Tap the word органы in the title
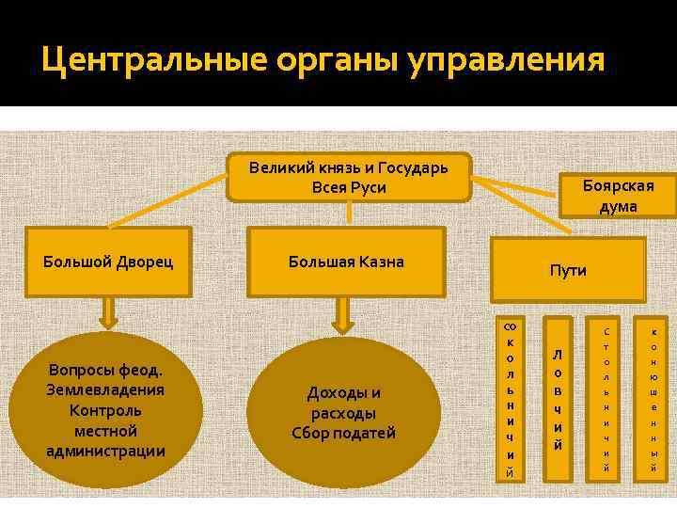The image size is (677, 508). click(x=338, y=61)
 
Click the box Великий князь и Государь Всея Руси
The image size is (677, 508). click(x=349, y=177)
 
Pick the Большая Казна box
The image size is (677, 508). click(x=346, y=262)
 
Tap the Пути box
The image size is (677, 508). click(x=568, y=270)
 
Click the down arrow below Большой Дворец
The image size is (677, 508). click(x=108, y=310)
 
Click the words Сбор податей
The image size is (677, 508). click(x=344, y=434)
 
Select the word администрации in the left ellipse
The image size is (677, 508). click(x=105, y=451)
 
